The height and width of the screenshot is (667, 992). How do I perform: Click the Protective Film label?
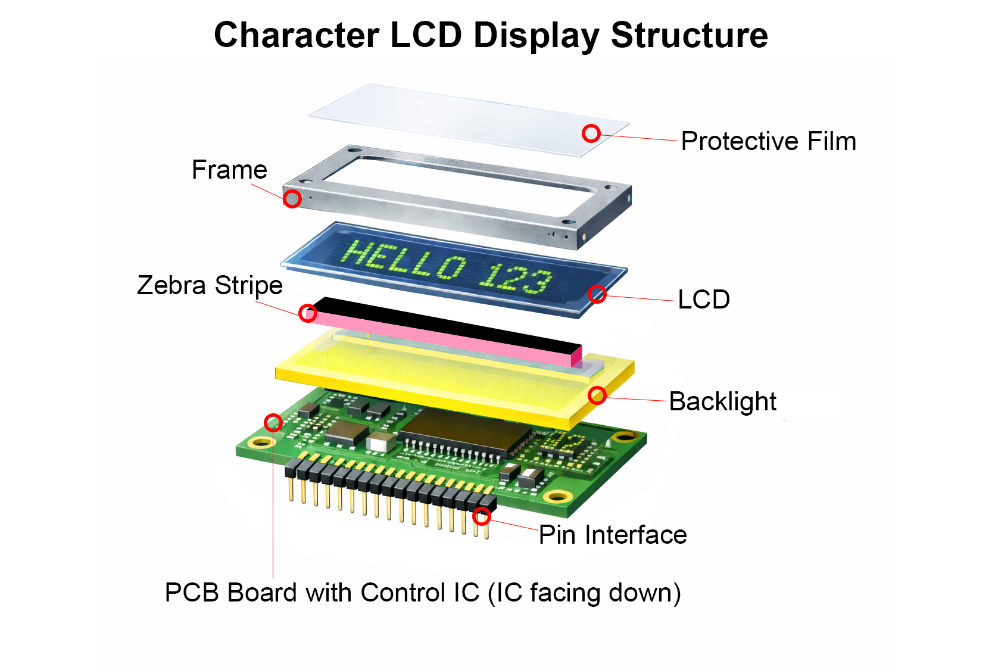(x=768, y=141)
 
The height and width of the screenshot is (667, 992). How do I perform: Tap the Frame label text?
(x=229, y=170)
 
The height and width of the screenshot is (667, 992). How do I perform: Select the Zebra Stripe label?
(x=210, y=285)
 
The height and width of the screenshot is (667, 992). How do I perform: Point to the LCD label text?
(x=704, y=299)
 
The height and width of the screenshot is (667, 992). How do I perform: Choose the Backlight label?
(x=722, y=401)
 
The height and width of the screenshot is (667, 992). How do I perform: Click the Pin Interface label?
(x=613, y=535)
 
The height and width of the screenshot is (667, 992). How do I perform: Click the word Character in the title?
(x=297, y=35)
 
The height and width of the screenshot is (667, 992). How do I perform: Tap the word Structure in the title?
(x=690, y=35)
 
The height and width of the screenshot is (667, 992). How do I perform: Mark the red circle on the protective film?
(x=591, y=133)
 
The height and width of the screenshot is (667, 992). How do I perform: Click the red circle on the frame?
(x=292, y=198)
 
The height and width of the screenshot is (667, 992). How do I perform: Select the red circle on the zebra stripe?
(x=307, y=313)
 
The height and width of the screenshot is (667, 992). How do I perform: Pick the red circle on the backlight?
(x=597, y=395)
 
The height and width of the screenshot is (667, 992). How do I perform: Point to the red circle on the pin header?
(x=482, y=516)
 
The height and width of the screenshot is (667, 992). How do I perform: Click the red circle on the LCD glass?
(x=597, y=294)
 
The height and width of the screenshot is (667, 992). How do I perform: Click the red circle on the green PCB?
(x=273, y=423)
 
